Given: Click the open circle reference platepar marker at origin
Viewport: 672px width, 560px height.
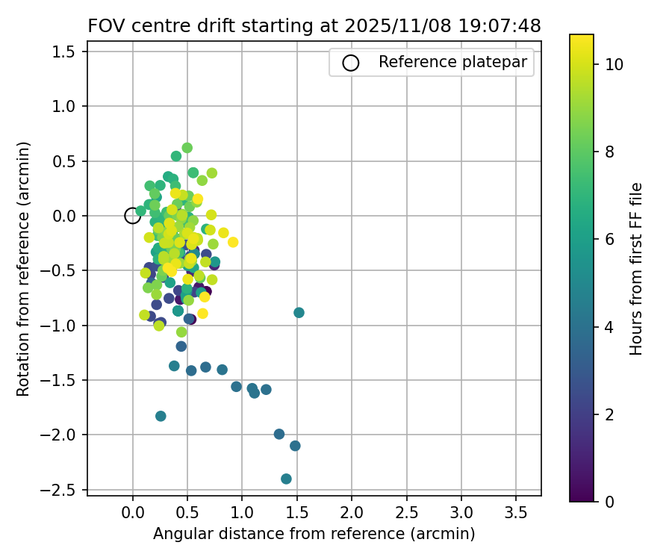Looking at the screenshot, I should [132, 216].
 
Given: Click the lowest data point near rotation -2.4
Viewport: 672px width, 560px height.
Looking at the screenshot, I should [286, 479].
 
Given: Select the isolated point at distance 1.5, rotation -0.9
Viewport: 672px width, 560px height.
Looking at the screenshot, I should [299, 312].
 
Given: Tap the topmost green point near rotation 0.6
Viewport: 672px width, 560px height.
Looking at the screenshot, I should [187, 148].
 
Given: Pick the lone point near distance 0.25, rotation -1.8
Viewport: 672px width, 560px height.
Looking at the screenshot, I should [161, 416].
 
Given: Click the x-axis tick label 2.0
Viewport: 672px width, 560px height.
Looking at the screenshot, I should [352, 514].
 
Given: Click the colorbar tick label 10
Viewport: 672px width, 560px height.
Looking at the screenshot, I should [614, 64].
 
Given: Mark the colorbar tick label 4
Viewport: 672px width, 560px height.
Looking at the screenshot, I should [609, 326].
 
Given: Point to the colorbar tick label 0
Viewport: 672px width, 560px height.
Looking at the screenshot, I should [609, 501].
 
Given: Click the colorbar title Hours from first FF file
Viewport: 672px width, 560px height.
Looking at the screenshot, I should [636, 269].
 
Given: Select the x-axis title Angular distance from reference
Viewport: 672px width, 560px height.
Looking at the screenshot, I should [314, 534].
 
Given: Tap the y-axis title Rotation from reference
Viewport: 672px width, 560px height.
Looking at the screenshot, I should [25, 269].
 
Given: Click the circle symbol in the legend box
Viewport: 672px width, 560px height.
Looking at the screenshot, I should [351, 63].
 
